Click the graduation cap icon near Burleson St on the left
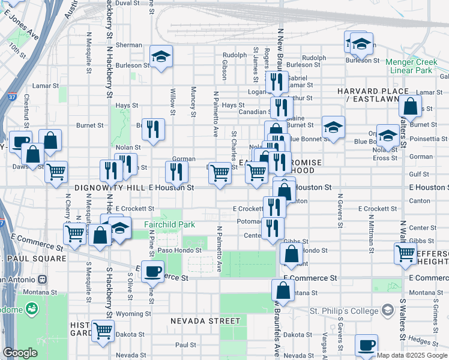[161, 56]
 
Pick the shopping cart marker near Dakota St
[103, 329]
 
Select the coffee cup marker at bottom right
[366, 345]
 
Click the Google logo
[19, 353]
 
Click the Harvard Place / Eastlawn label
[372, 95]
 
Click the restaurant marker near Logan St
[276, 82]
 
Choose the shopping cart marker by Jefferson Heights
[405, 253]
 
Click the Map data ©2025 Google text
[411, 355]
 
